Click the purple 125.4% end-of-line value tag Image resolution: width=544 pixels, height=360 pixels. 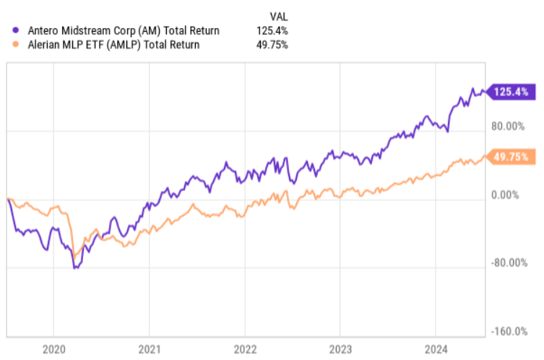pos(512,92)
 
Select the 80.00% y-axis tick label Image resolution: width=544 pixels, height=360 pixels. pos(509,127)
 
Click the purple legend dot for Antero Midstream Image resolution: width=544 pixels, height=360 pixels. pos(16,30)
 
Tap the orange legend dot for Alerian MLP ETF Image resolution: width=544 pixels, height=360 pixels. pos(16,45)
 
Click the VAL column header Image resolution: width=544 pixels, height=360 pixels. pos(278,16)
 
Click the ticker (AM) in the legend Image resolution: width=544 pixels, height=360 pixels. pos(137,30)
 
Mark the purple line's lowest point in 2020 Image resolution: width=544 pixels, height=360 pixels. pos(74,268)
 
